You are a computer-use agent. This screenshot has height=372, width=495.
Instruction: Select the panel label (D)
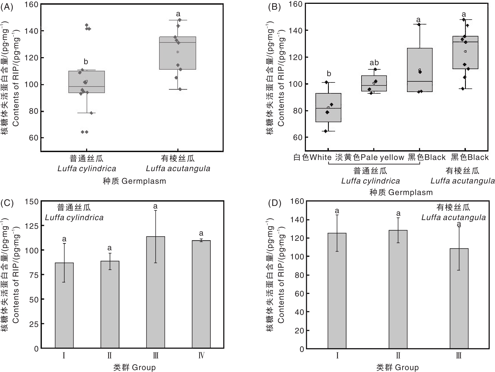pos(274,203)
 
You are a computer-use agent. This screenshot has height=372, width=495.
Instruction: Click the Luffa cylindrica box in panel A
pos(87,82)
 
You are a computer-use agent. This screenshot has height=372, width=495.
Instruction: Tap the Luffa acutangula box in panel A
pos(178,53)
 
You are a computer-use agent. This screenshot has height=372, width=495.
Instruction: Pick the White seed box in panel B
pos(328,107)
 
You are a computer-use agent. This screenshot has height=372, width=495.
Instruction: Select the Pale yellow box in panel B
pos(374,83)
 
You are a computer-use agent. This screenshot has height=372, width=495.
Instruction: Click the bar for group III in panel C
pos(156,292)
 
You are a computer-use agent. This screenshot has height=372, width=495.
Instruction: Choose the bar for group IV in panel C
pos(201,294)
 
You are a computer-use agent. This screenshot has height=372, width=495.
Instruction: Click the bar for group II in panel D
pos(398,289)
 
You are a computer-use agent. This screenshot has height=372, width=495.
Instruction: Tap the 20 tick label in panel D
pos(299,331)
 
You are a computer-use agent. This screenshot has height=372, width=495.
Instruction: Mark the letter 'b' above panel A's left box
pos(86,62)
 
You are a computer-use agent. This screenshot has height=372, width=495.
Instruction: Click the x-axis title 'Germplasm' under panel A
pos(144,181)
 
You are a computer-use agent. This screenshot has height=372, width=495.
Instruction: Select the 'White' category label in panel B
pos(320,157)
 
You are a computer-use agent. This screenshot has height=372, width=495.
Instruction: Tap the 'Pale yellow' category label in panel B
pos(382,157)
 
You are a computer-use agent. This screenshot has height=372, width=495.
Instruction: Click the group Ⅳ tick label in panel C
pos(201,356)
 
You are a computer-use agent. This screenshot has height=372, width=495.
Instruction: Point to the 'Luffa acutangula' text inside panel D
pos(454,217)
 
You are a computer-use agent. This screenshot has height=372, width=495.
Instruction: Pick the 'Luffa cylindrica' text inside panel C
pos(74,218)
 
